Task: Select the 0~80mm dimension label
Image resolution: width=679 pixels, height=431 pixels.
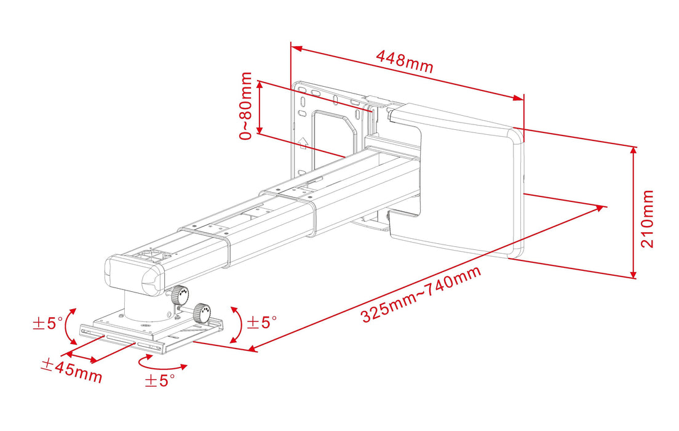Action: [247, 105]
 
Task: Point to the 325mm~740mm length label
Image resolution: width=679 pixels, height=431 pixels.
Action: [421, 294]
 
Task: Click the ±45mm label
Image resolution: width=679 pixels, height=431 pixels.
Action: [71, 370]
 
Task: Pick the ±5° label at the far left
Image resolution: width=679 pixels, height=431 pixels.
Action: [47, 323]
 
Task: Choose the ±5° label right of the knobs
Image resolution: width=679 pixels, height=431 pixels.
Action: [261, 322]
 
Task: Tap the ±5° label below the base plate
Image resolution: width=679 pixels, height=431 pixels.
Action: [160, 381]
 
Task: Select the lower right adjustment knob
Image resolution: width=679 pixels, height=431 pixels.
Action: [202, 313]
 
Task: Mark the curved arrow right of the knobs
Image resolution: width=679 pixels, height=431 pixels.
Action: [237, 323]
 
